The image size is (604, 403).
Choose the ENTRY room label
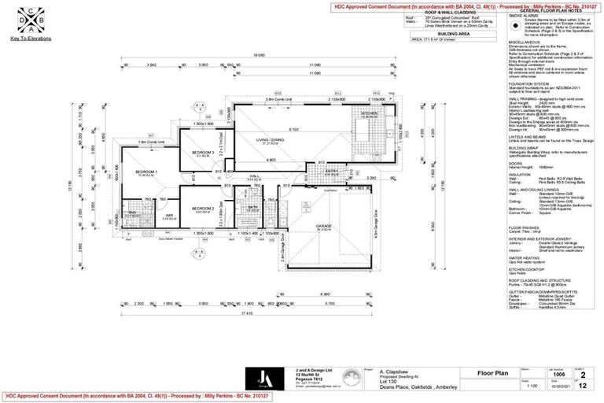[x=332, y=172]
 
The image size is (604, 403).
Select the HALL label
[x=255, y=176]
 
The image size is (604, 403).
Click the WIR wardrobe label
[x=168, y=215]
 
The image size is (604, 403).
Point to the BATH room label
[x=253, y=207]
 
